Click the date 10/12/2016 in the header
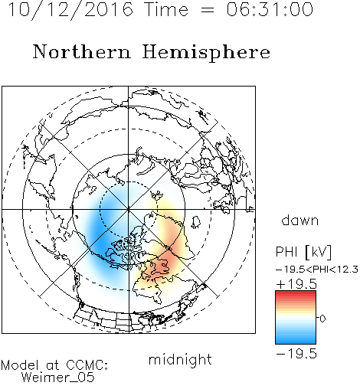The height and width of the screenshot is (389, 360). click(x=70, y=10)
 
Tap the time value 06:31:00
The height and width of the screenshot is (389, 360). click(x=270, y=10)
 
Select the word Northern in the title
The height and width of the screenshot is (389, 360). click(x=82, y=51)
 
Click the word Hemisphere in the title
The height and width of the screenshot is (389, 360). click(x=206, y=52)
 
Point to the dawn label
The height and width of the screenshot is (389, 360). click(x=300, y=220)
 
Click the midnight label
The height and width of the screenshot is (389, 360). click(x=180, y=359)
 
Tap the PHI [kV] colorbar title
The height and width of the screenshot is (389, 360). click(x=303, y=252)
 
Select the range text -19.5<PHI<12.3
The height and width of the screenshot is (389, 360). click(x=317, y=270)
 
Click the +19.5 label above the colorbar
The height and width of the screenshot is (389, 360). click(x=296, y=284)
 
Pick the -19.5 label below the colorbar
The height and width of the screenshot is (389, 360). click(x=296, y=354)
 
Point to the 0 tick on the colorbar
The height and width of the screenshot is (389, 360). click(x=322, y=319)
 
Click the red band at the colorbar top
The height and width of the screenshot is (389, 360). click(x=296, y=294)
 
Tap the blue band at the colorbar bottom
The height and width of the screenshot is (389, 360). click(x=296, y=340)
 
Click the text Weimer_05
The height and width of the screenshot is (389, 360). click(x=58, y=378)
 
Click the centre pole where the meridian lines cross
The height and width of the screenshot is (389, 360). click(x=129, y=209)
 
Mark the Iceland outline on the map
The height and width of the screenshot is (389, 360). click(x=196, y=222)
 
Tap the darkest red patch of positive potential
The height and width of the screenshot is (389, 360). click(x=163, y=264)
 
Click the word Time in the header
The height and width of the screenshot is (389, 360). click(x=166, y=10)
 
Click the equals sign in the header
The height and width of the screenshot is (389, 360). click(x=208, y=10)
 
